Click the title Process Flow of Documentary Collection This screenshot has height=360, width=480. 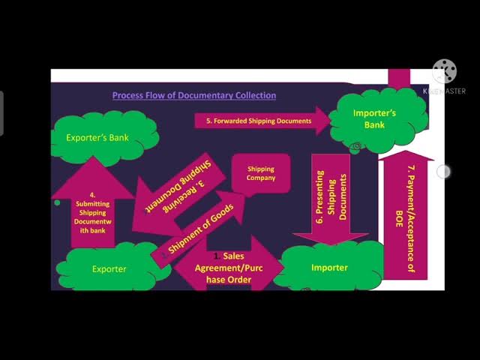tap(194, 95)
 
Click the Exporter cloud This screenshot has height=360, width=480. tap(109, 268)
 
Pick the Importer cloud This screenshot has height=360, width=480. tap(329, 267)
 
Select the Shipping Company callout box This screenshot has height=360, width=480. tap(261, 174)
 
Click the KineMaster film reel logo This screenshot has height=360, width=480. tap(444, 72)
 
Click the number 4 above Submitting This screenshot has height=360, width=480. tap(92, 195)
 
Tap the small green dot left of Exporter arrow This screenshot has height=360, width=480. tap(57, 202)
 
